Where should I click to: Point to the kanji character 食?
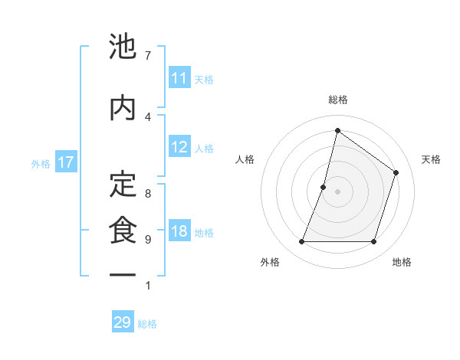(x=123, y=230)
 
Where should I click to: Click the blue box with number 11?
(x=179, y=78)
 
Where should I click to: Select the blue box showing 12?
(x=179, y=147)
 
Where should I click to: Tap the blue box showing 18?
(x=179, y=232)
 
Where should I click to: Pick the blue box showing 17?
(x=66, y=162)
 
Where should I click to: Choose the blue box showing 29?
(x=123, y=322)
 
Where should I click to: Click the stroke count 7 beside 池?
(x=147, y=55)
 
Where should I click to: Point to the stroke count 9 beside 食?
(x=147, y=240)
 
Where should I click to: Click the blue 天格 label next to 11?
(x=204, y=79)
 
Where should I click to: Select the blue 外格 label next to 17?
(x=41, y=163)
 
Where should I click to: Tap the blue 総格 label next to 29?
(x=147, y=323)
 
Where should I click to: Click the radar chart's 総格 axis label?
(x=337, y=100)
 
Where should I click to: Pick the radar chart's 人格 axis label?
(x=245, y=159)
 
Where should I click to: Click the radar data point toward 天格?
(x=396, y=172)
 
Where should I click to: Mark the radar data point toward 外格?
(x=301, y=242)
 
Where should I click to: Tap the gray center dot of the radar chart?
(x=337, y=191)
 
